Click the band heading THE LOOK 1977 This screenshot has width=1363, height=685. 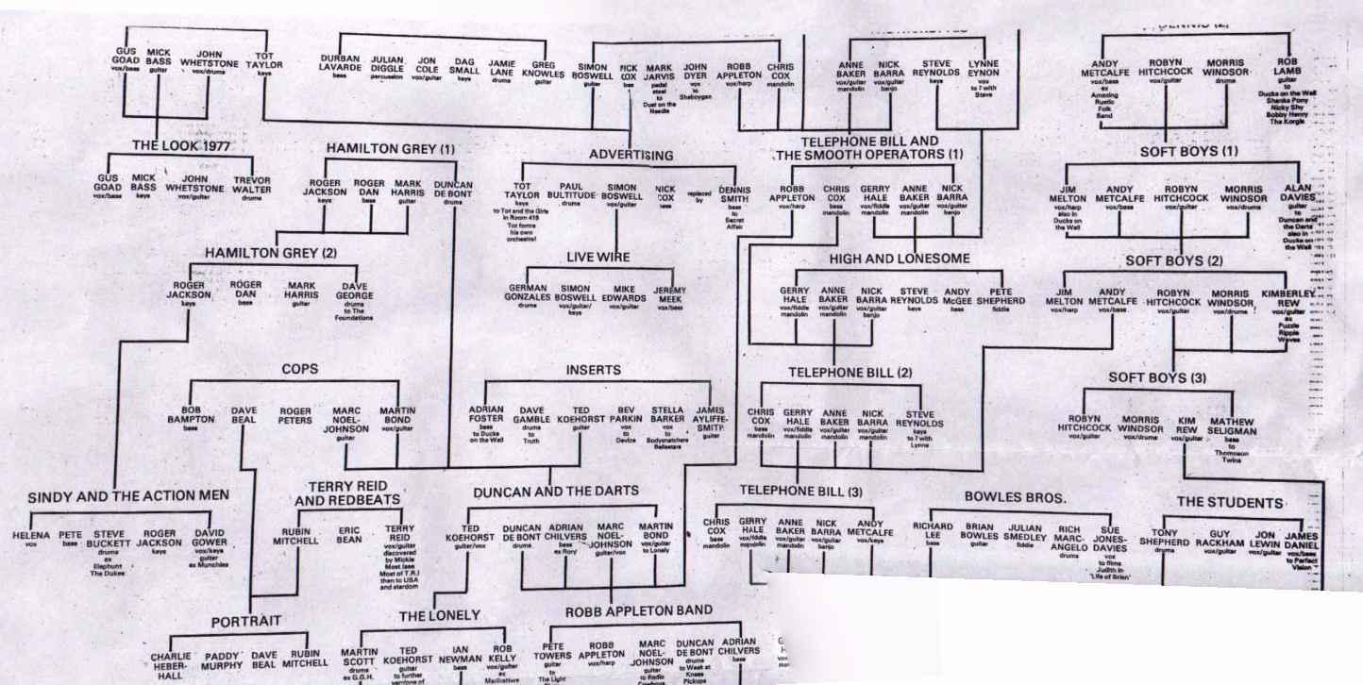click(x=179, y=146)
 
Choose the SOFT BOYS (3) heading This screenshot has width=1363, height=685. click(x=1157, y=378)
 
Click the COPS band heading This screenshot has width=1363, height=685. click(x=299, y=369)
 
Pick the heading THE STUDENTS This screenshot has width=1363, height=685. click(x=1229, y=502)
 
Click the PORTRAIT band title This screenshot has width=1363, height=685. click(x=245, y=622)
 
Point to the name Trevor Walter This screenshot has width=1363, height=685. click(x=253, y=184)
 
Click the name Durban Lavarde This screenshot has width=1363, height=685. click(x=340, y=63)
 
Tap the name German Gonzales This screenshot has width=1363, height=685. click(x=528, y=292)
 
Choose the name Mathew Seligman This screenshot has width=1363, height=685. click(x=1232, y=426)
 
